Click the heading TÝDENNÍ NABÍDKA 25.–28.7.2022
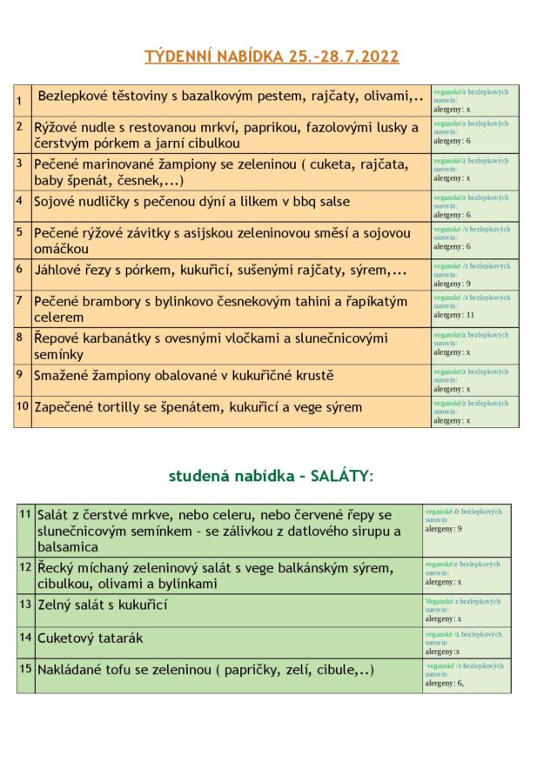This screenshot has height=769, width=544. tap(272, 57)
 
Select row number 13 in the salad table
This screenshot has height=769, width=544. tap(25, 603)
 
